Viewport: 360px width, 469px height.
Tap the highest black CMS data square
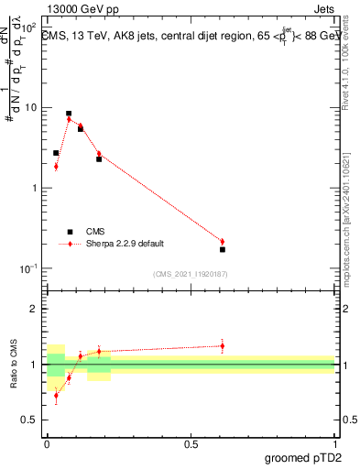[x=69, y=114]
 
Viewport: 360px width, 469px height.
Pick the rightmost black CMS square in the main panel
[x=223, y=249]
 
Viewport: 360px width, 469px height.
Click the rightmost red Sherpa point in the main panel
[x=223, y=242]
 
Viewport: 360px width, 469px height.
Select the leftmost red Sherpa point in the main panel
[x=56, y=166]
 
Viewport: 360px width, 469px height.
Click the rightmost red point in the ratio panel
[x=223, y=345]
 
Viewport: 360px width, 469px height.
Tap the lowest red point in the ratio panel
[x=56, y=396]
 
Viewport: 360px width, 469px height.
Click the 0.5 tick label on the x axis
[x=191, y=442]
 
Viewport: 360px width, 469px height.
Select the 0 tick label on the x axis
[x=47, y=442]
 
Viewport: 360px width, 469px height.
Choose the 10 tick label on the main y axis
[x=31, y=108]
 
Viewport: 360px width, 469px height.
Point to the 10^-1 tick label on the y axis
[x=29, y=268]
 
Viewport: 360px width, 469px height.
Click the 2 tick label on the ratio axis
[x=38, y=309]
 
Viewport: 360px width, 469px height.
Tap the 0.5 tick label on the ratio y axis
[x=33, y=420]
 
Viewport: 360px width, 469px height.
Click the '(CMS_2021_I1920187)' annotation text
[x=190, y=273]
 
